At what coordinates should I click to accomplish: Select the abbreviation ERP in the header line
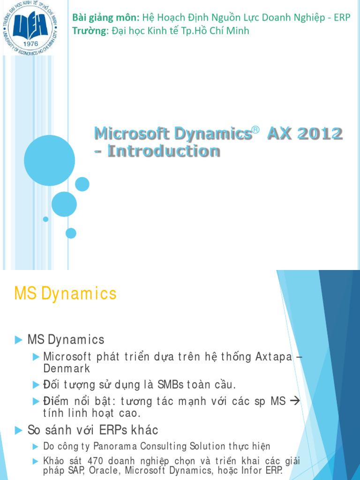coord(342,18)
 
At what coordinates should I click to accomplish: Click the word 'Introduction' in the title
coord(163,151)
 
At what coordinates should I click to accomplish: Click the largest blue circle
coord(49,160)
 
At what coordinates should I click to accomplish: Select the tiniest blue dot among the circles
coord(45,219)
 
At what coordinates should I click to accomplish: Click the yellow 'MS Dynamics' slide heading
coord(65,294)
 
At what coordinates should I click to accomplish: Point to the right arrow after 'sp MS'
coord(294,401)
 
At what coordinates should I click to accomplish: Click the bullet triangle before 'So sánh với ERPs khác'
coord(18,430)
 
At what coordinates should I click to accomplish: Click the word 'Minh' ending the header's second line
coord(239,31)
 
